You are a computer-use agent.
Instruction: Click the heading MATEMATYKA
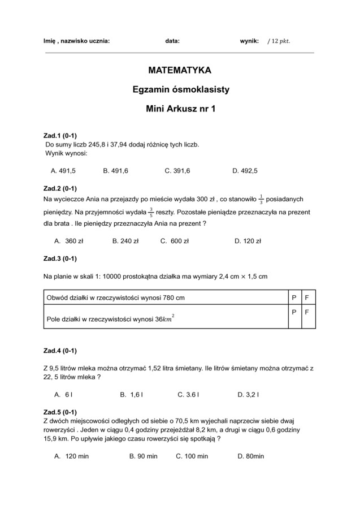pyautogui.click(x=180, y=71)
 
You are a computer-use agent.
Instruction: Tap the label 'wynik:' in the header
pyautogui.click(x=249, y=41)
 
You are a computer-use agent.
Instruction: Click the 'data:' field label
pyautogui.click(x=172, y=41)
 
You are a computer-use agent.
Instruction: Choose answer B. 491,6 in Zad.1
pyautogui.click(x=116, y=170)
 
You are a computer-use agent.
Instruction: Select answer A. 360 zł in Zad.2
pyautogui.click(x=69, y=241)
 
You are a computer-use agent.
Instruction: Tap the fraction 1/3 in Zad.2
pyautogui.click(x=261, y=199)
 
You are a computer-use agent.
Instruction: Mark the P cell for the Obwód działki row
pyautogui.click(x=294, y=297)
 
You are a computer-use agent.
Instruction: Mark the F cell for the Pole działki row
pyautogui.click(x=307, y=312)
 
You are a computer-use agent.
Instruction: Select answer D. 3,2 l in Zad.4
pyautogui.click(x=248, y=394)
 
